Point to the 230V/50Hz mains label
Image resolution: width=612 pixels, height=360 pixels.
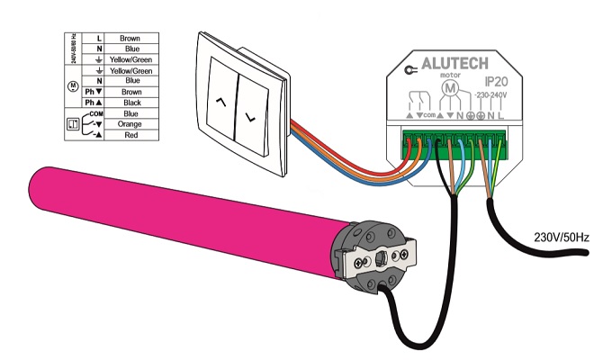tap(559, 238)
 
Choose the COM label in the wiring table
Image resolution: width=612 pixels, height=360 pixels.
tap(98, 114)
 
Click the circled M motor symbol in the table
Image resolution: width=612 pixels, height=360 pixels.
tap(74, 87)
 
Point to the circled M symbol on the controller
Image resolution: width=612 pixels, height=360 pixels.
tap(454, 94)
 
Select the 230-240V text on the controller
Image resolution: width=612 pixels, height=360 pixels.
tap(491, 95)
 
